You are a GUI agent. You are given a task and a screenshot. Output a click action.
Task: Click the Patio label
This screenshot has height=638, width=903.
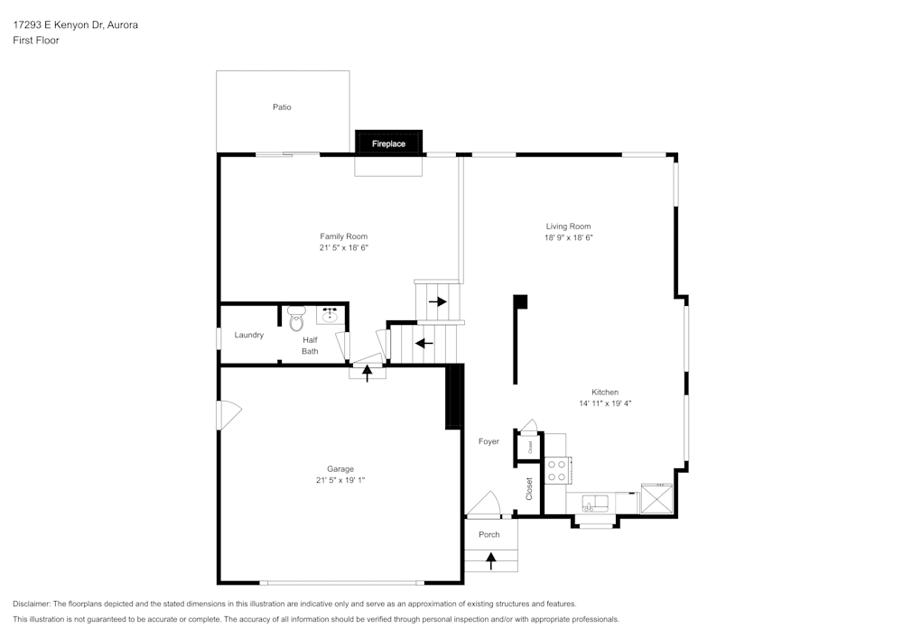pyautogui.click(x=282, y=107)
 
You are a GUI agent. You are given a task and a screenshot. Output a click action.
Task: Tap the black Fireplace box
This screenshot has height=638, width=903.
pyautogui.click(x=388, y=143)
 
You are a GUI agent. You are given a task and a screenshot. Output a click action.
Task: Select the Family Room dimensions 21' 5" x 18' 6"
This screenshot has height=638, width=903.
pyautogui.click(x=343, y=247)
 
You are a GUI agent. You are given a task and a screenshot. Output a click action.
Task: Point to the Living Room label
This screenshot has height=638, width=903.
pyautogui.click(x=568, y=227)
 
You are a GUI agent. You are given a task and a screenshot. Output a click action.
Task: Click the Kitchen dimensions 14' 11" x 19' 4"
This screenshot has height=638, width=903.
pyautogui.click(x=605, y=403)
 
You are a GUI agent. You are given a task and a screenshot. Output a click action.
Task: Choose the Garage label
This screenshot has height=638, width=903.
pyautogui.click(x=340, y=469)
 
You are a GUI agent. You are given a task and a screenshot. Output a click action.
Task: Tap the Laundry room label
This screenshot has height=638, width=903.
pyautogui.click(x=248, y=335)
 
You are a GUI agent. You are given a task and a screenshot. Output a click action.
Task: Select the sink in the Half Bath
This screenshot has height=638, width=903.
pyautogui.click(x=330, y=315)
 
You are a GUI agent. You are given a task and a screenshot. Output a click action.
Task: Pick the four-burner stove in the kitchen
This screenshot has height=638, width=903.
pyautogui.click(x=557, y=470)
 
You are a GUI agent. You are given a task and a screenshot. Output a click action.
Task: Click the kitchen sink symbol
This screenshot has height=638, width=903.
pyautogui.click(x=596, y=503)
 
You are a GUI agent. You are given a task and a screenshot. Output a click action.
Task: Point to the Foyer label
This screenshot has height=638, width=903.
pyautogui.click(x=489, y=441)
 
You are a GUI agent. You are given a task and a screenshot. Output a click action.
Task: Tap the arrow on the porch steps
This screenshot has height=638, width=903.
pyautogui.click(x=491, y=561)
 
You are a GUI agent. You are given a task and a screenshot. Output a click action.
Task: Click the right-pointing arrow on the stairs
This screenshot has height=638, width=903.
pyautogui.click(x=438, y=301)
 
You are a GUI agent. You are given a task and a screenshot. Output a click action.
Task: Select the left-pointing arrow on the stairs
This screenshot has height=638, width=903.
pyautogui.click(x=423, y=343)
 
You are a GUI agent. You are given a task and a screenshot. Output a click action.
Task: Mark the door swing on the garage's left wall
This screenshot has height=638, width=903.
pyautogui.click(x=228, y=416)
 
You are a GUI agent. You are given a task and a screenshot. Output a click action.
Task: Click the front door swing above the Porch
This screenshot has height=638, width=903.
pyautogui.click(x=485, y=505)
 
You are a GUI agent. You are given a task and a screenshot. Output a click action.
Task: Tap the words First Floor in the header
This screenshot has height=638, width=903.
pyautogui.click(x=36, y=41)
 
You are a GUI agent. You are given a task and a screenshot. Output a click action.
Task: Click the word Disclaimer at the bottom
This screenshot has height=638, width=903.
pyautogui.click(x=33, y=604)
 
